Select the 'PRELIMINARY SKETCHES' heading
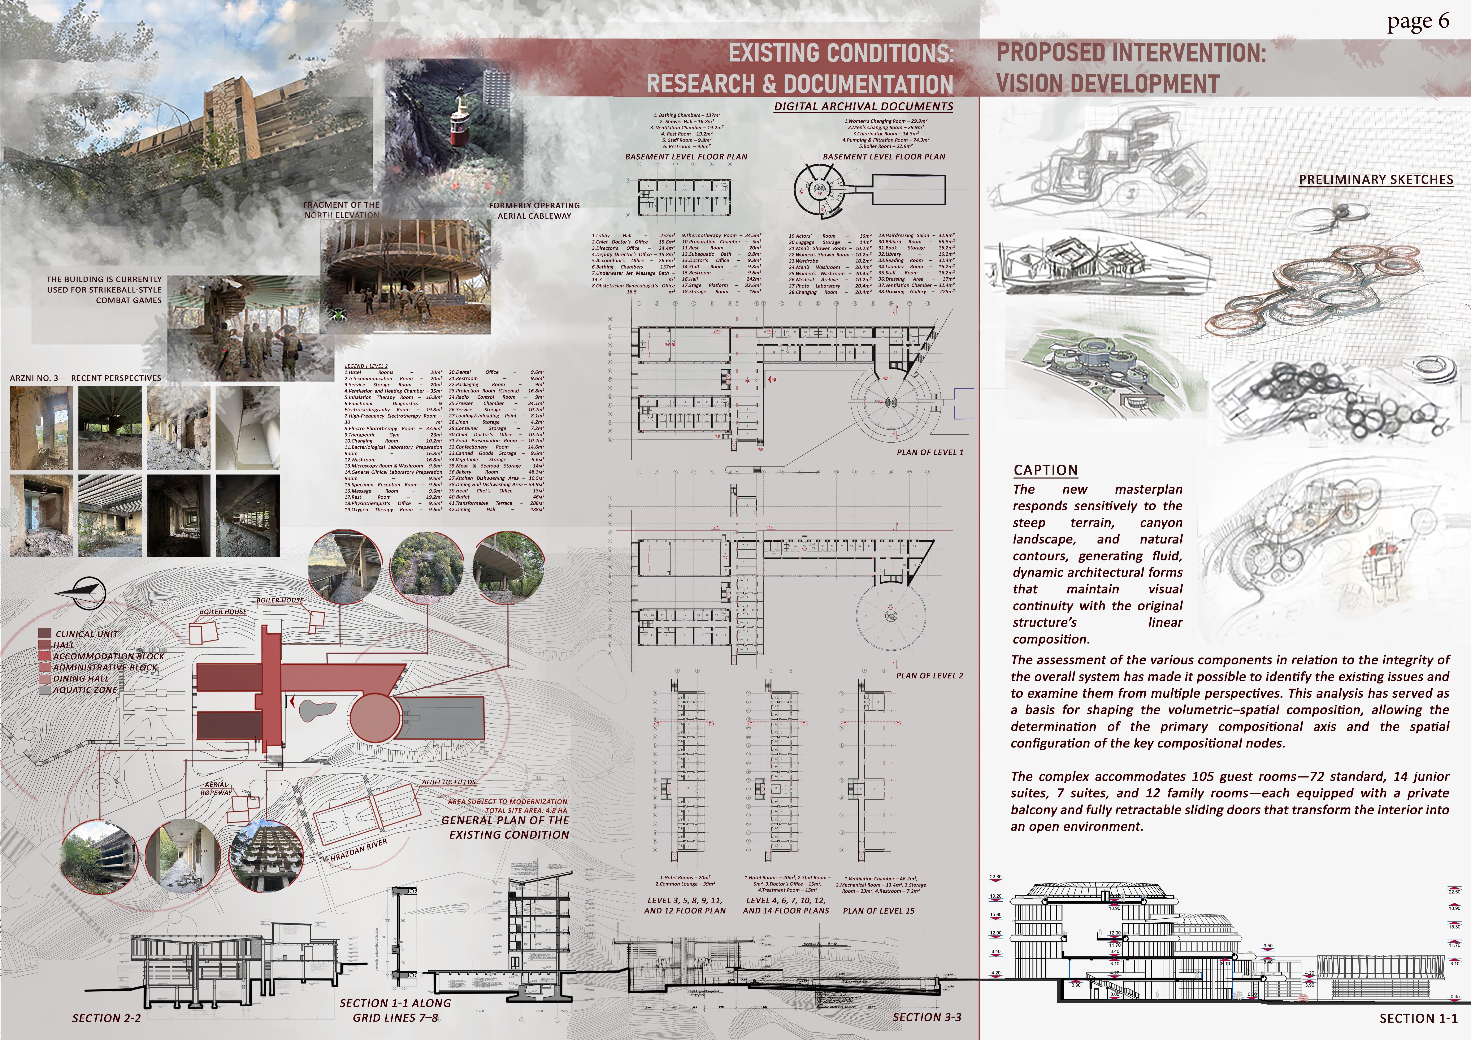[1376, 180]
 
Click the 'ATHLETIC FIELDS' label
[448, 782]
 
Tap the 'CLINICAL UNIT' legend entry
[87, 634]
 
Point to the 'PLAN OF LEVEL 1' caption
[930, 452]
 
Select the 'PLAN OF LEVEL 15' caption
[878, 911]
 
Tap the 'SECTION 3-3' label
[927, 1017]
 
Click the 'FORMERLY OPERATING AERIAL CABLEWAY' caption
[534, 211]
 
